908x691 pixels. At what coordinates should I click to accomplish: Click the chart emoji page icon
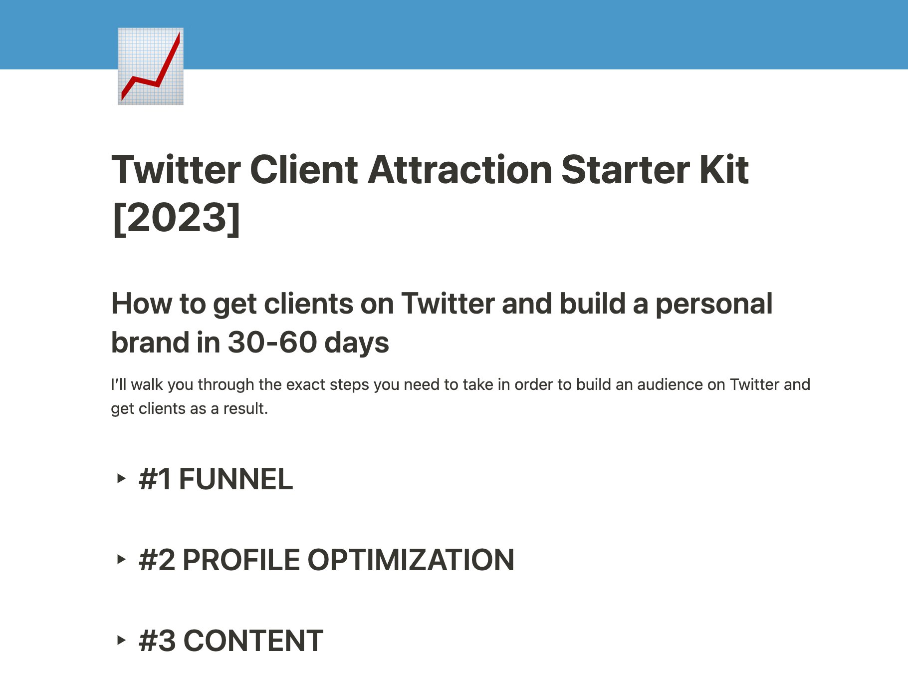click(x=151, y=66)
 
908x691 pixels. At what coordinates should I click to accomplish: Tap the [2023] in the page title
click(x=176, y=218)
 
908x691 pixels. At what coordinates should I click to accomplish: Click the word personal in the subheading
click(x=713, y=304)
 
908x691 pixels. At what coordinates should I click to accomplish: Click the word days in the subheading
click(x=357, y=343)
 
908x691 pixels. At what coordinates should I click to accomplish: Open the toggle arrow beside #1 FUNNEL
click(x=121, y=478)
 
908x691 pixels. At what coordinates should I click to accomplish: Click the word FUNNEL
click(x=235, y=479)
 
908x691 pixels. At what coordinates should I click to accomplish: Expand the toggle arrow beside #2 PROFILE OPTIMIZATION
click(x=121, y=559)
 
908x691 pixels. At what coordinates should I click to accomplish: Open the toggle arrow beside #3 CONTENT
click(x=121, y=640)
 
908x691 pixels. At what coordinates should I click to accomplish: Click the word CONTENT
click(x=253, y=641)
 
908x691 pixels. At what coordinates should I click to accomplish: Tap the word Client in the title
click(x=303, y=170)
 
